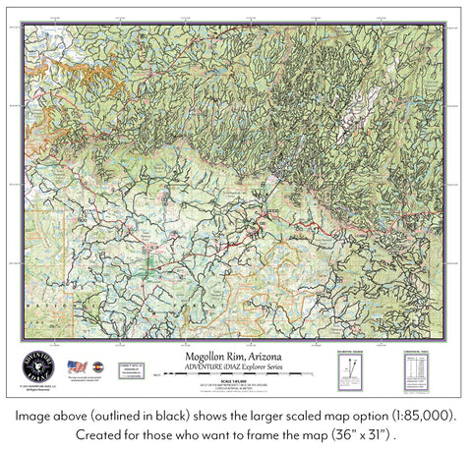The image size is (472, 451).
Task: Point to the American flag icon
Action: coord(76,367)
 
